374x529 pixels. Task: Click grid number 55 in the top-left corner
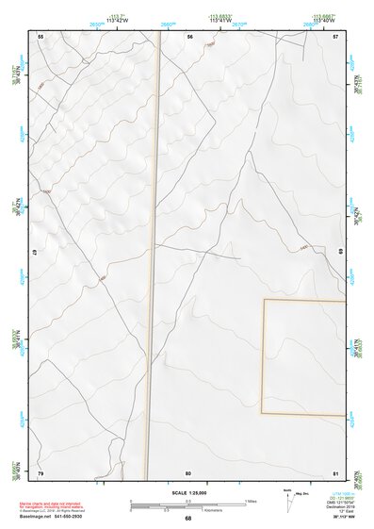[x=41, y=36]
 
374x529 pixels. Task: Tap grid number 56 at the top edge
[x=189, y=36]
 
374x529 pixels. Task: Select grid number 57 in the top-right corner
[x=335, y=36]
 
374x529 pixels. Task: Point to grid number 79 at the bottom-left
[x=41, y=471]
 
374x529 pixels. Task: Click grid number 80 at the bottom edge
[x=188, y=471]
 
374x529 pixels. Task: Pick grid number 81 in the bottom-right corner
[x=335, y=471]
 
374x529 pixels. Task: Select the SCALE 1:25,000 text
[x=187, y=492]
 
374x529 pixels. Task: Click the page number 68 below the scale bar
[x=187, y=519]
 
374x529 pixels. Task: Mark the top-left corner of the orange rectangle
[x=264, y=300]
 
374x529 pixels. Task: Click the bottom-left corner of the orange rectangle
[x=264, y=413]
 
